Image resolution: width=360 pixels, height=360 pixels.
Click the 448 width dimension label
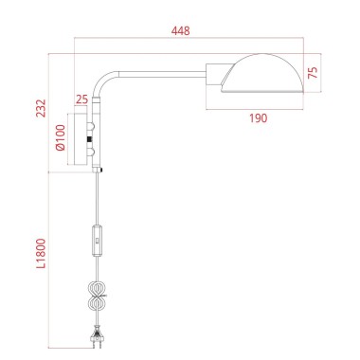pyautogui.click(x=181, y=30)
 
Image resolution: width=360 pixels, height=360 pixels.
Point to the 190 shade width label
pyautogui.click(x=258, y=117)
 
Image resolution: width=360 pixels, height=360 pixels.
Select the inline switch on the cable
pyautogui.click(x=98, y=242)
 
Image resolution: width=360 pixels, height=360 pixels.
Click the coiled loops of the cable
pyautogui.click(x=97, y=299)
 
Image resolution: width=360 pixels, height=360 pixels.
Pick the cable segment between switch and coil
pyautogui.click(x=97, y=270)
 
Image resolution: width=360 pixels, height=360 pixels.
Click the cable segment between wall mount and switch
pyautogui.click(x=98, y=199)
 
